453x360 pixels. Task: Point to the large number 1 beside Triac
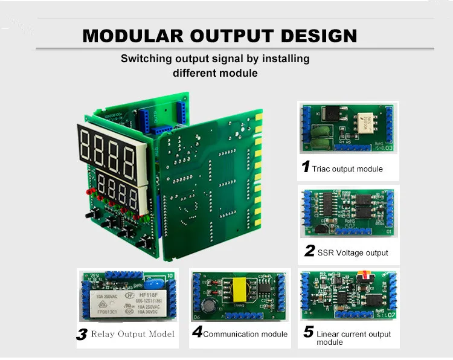pos(306,167)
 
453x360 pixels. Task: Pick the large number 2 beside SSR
pos(309,251)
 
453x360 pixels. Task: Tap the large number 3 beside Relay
pos(82,334)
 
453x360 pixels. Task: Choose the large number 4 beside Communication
pos(197,332)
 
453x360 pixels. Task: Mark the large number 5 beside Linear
pos(308,332)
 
